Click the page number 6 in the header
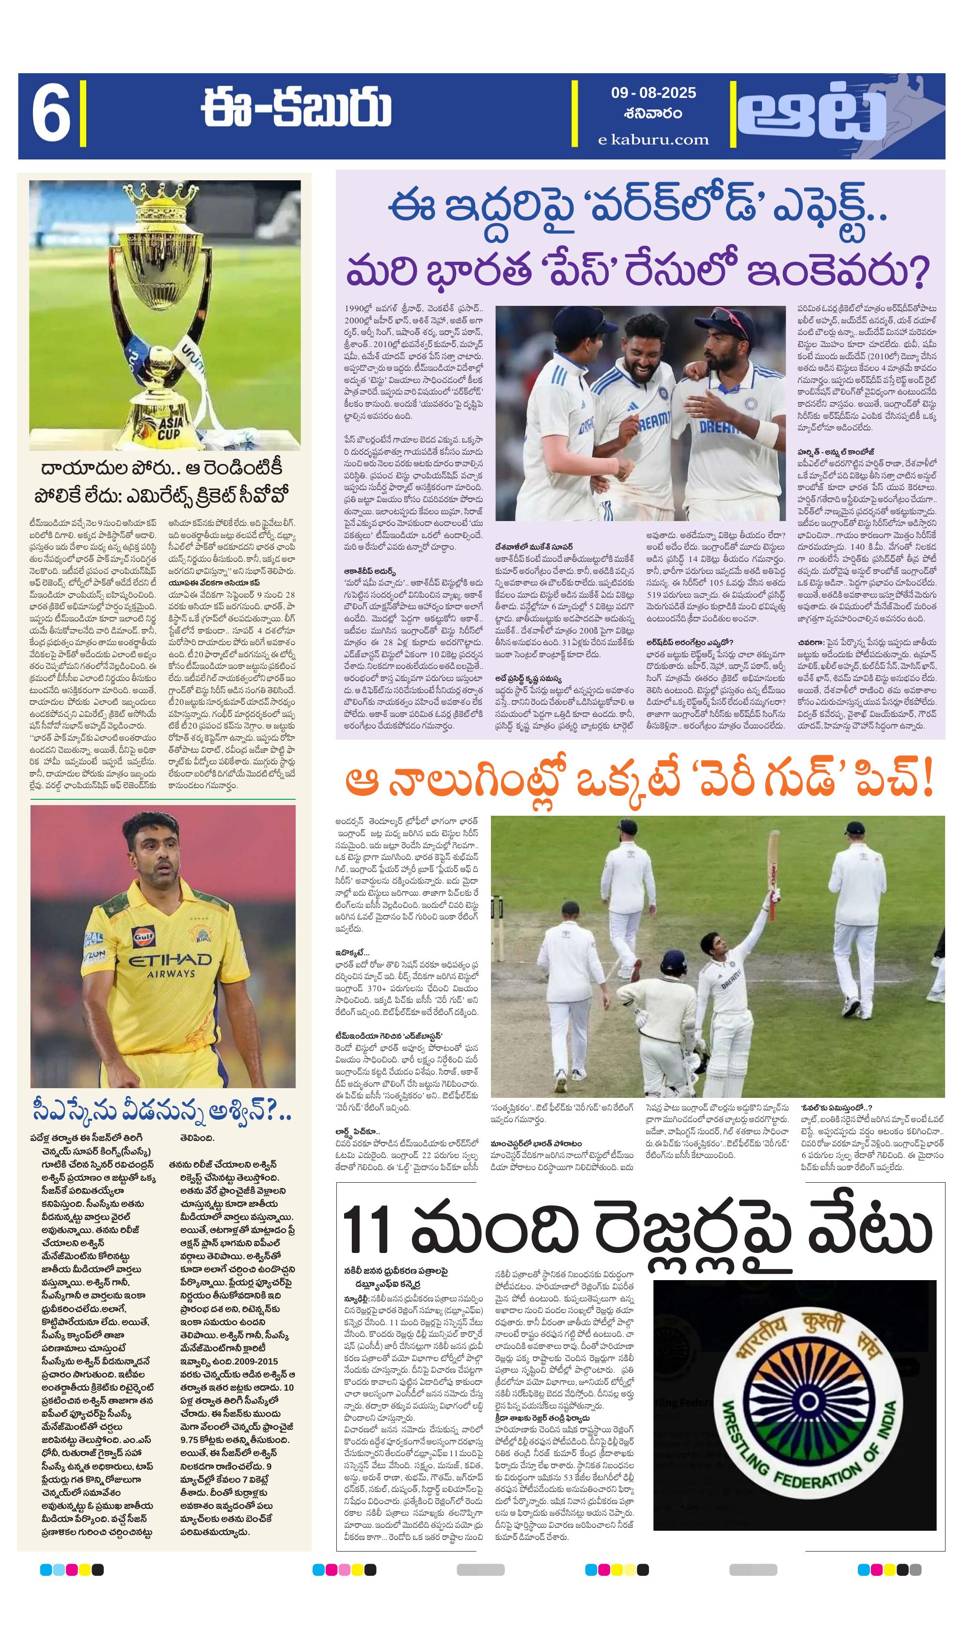[51, 116]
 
